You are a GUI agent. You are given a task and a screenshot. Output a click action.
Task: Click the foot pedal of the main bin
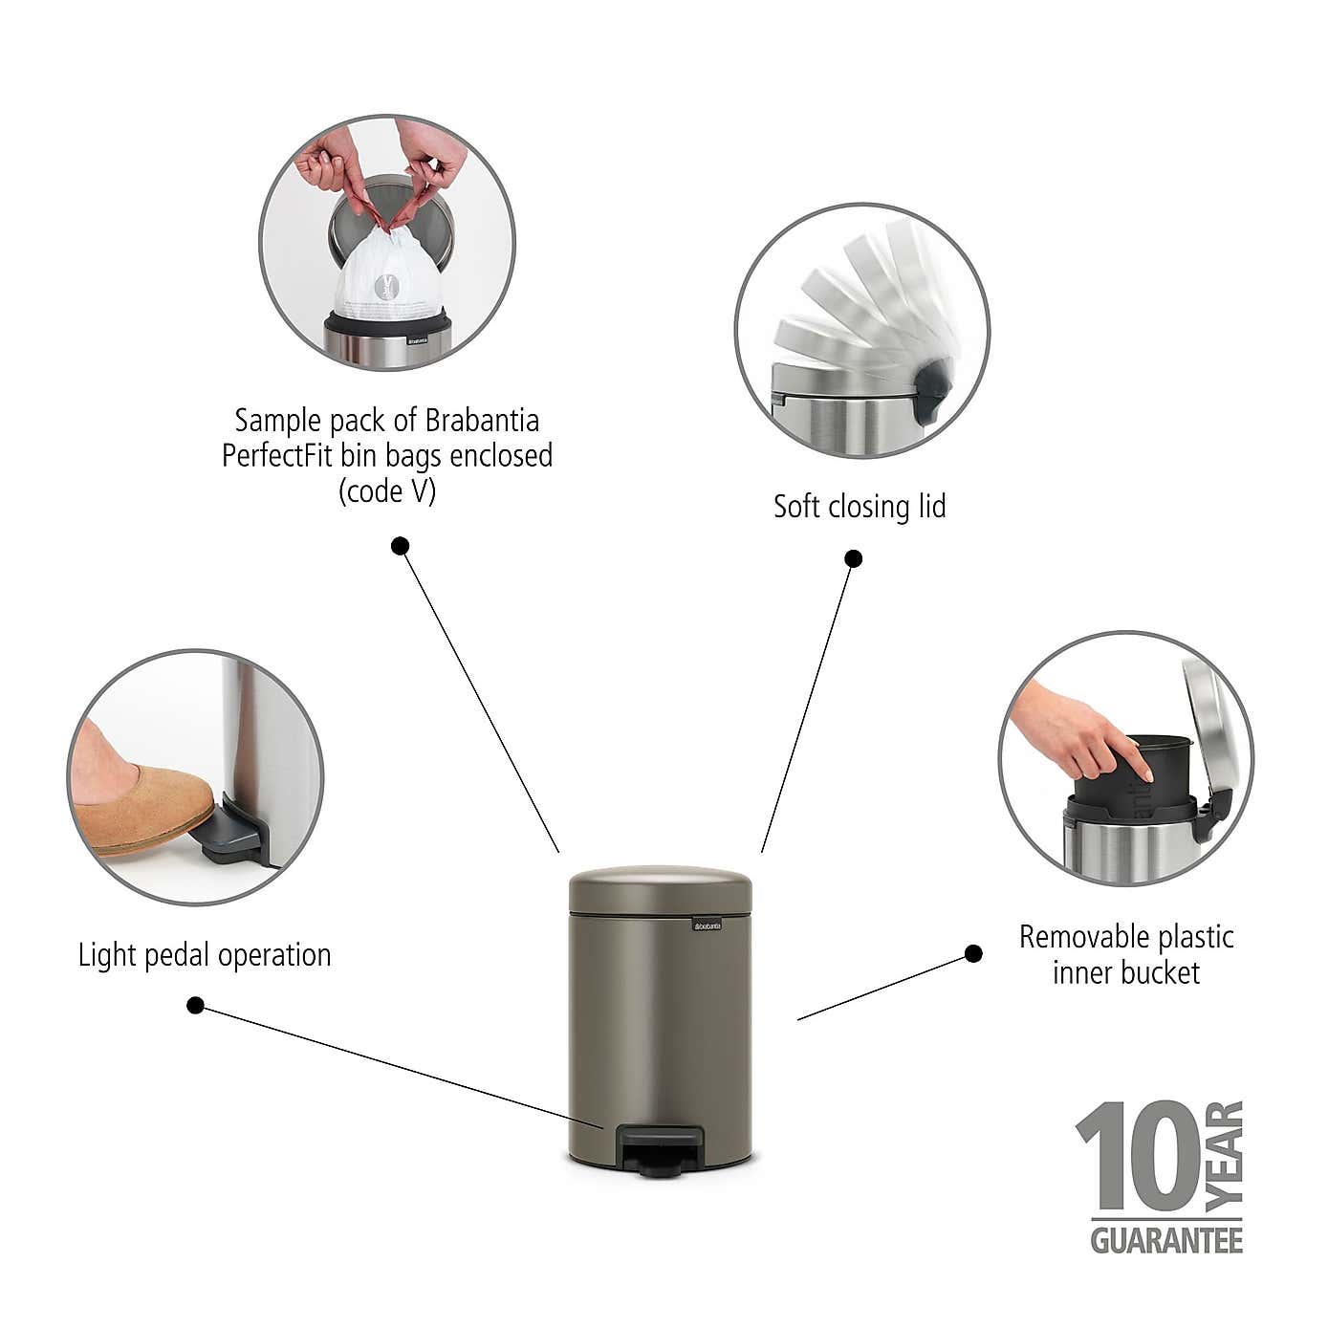[662, 1144]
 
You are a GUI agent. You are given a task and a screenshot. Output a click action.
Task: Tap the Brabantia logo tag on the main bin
[708, 925]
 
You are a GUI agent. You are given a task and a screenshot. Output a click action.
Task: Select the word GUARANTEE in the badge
[1166, 1240]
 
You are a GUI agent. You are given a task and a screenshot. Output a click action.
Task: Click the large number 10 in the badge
[1139, 1158]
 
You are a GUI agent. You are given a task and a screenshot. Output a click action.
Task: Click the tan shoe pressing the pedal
[143, 808]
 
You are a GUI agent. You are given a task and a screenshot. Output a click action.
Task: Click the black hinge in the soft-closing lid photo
[929, 387]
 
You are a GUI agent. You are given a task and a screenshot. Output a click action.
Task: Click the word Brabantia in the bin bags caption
[482, 421]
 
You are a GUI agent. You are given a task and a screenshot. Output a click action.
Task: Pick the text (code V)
[387, 491]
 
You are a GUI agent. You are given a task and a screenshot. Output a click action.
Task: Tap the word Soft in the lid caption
[796, 507]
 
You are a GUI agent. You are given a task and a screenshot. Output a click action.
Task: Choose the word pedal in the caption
[179, 955]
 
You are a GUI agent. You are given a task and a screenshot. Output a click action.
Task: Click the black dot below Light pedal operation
[195, 1005]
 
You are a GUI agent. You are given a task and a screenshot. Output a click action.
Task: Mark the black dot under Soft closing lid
[854, 558]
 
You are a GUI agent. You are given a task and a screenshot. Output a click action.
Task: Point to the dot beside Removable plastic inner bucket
[973, 953]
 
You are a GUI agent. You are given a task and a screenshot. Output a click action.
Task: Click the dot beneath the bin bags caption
[401, 546]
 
